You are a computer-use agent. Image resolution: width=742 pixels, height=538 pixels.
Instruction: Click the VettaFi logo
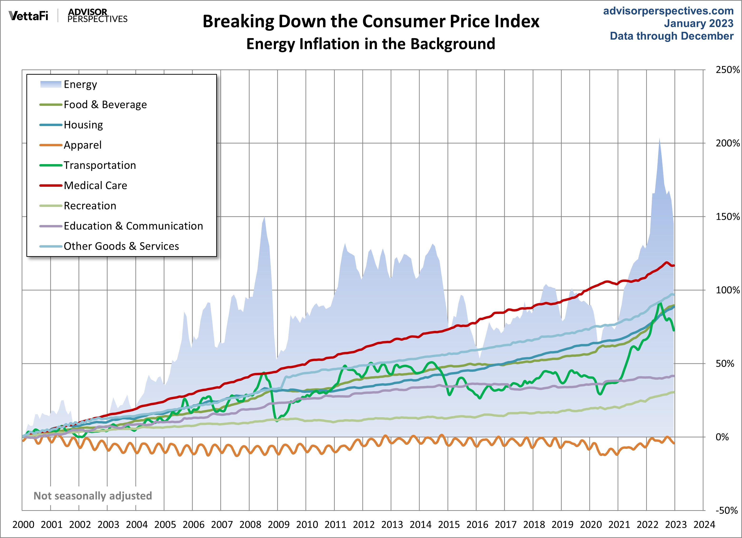click(29, 16)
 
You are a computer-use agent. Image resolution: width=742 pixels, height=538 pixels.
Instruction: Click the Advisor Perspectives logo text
click(97, 16)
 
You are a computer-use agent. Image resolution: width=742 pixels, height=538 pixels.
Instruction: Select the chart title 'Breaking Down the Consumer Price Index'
click(371, 22)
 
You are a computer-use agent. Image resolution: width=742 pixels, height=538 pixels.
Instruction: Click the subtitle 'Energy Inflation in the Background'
click(371, 44)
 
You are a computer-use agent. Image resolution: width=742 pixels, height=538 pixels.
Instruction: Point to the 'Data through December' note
click(671, 36)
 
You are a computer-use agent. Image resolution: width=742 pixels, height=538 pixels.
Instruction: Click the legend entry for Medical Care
click(95, 186)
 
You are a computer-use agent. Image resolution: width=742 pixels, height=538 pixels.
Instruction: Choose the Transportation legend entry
click(99, 165)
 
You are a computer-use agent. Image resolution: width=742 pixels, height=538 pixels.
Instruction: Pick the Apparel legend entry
click(83, 145)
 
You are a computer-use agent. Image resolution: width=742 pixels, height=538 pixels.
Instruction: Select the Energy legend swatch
click(51, 84)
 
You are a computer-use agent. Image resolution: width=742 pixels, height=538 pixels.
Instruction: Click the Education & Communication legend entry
click(133, 226)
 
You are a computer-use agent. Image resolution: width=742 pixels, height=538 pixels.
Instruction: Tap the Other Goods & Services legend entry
click(121, 246)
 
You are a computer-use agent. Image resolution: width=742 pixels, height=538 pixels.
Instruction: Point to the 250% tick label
click(727, 70)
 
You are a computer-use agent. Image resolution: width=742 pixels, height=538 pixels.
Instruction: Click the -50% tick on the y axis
click(726, 510)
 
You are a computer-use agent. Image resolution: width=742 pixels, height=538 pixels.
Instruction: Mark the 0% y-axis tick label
click(722, 437)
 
